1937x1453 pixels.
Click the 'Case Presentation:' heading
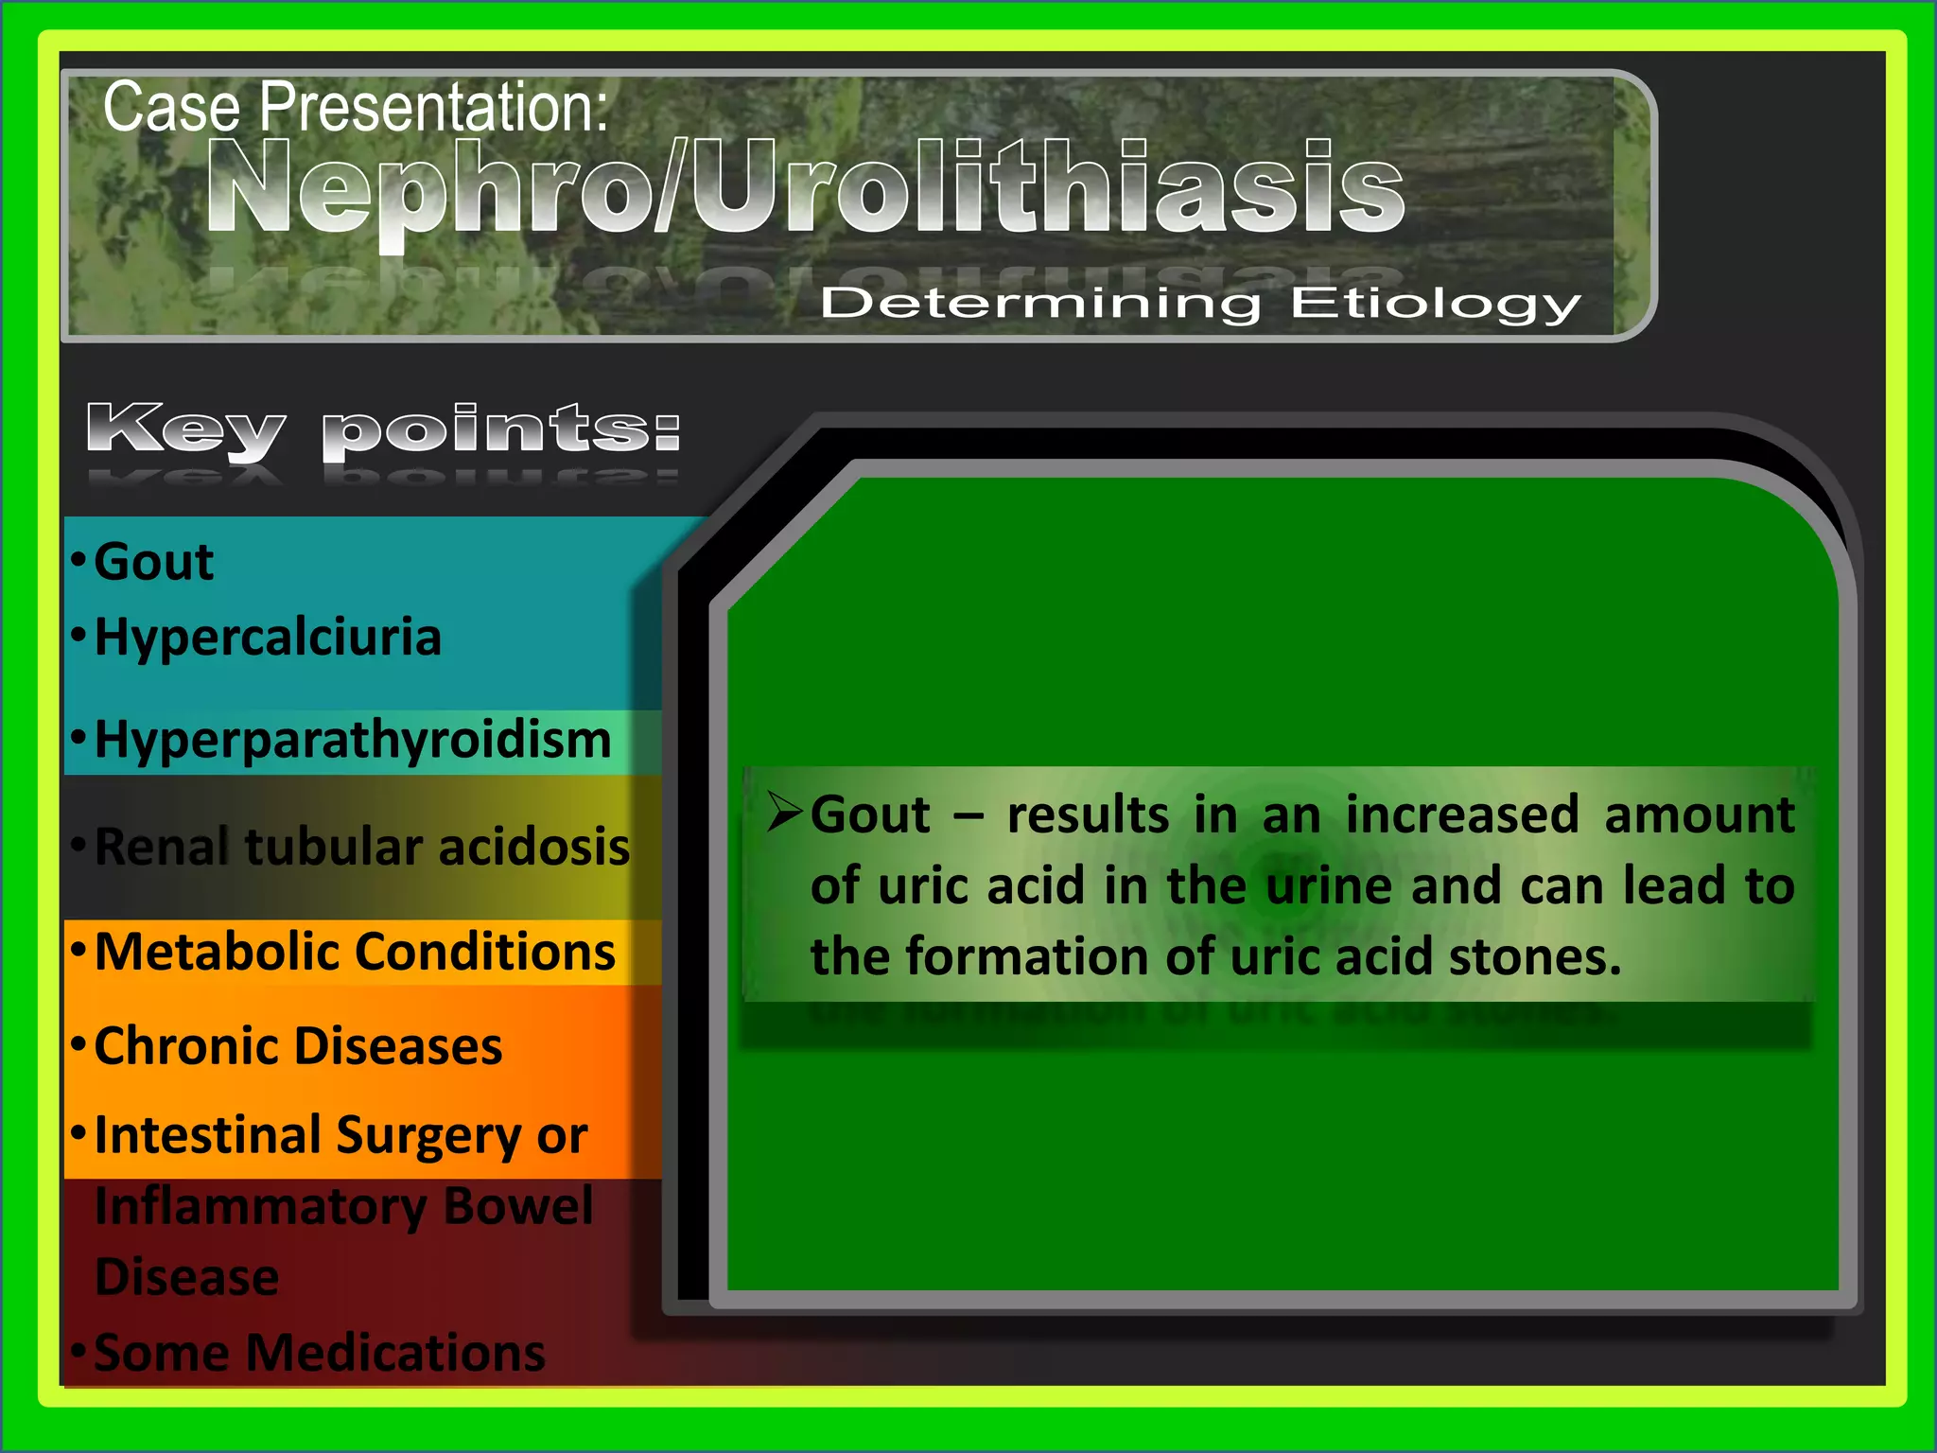pyautogui.click(x=356, y=106)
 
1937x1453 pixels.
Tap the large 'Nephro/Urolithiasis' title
pyautogui.click(x=806, y=186)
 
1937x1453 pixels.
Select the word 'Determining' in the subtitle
pyautogui.click(x=1040, y=304)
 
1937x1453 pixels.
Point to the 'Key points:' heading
pyautogui.click(x=383, y=430)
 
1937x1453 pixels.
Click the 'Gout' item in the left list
pyautogui.click(x=154, y=562)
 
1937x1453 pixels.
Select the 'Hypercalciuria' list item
pyautogui.click(x=268, y=637)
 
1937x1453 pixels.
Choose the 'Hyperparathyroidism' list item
pyautogui.click(x=353, y=739)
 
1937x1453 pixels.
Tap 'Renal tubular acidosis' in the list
pyautogui.click(x=362, y=846)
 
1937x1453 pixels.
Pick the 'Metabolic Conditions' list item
pyautogui.click(x=355, y=951)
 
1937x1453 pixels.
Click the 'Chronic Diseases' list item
pyautogui.click(x=298, y=1046)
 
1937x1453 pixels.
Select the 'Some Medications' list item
pyautogui.click(x=320, y=1352)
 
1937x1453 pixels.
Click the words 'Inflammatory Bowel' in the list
pyautogui.click(x=344, y=1206)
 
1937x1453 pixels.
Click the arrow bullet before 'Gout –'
pyautogui.click(x=784, y=812)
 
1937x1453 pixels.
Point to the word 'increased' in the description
pyautogui.click(x=1462, y=814)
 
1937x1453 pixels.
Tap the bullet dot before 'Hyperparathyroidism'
pyautogui.click(x=79, y=736)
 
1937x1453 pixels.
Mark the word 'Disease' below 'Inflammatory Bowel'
pyautogui.click(x=187, y=1277)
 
